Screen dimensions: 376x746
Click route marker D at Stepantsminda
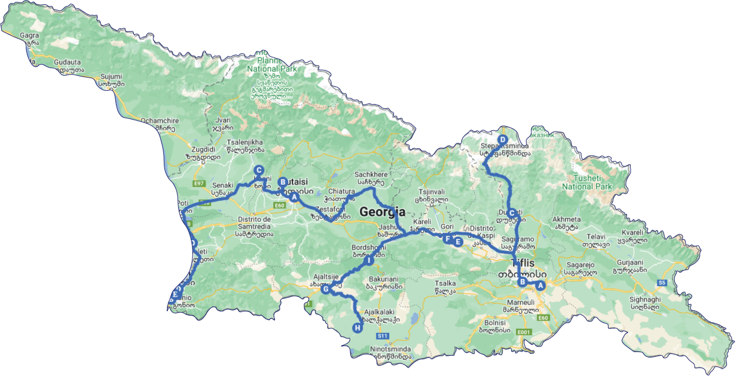tap(502, 140)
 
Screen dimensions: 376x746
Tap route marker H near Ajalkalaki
tap(357, 328)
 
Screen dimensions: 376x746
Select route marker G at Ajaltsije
tap(326, 289)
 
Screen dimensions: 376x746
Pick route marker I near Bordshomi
tap(369, 260)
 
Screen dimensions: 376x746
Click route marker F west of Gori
tap(447, 239)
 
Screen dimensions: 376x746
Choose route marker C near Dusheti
tap(512, 213)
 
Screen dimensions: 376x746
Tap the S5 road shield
tap(662, 282)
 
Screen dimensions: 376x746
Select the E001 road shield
tap(524, 332)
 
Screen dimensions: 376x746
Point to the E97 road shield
tap(199, 184)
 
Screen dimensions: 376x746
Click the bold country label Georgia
tap(382, 212)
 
